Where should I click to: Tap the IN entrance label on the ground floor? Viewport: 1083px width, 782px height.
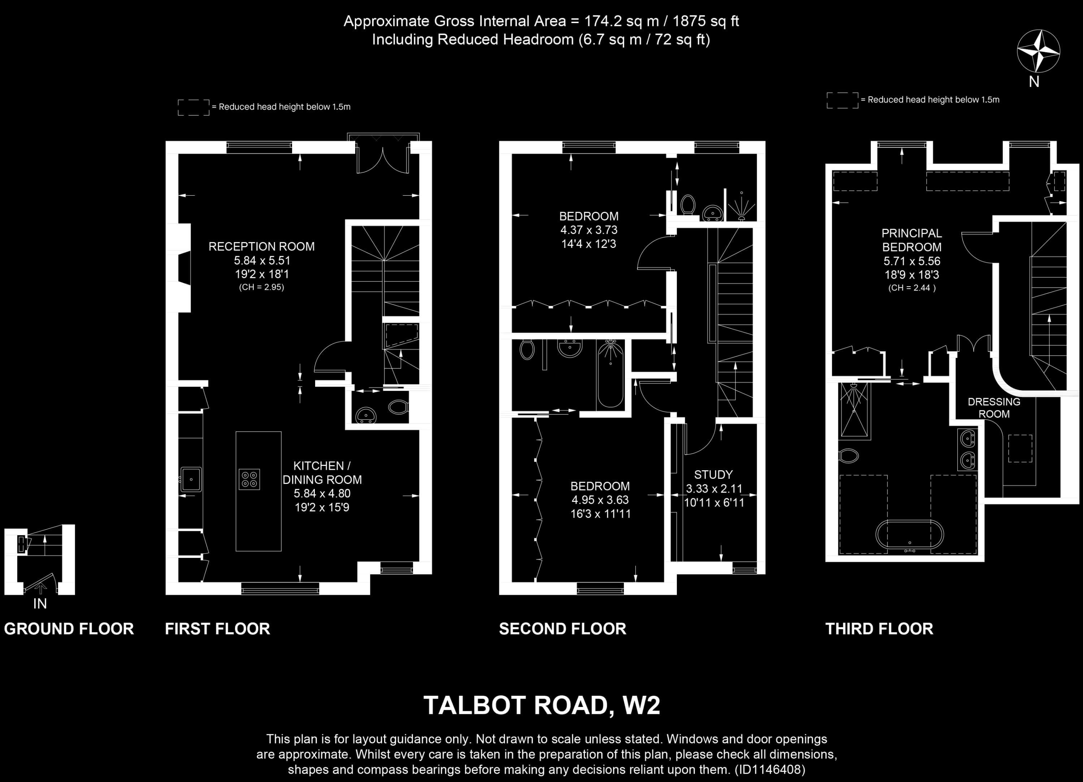pyautogui.click(x=40, y=604)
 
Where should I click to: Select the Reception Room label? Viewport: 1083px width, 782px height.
pyautogui.click(x=261, y=247)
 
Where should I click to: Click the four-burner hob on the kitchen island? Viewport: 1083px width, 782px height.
pyautogui.click(x=249, y=479)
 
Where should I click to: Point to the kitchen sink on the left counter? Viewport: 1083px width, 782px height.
pyautogui.click(x=191, y=479)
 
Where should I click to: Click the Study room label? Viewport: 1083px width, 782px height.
pyautogui.click(x=713, y=475)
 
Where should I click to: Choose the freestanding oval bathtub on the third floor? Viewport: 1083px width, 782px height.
pyautogui.click(x=910, y=535)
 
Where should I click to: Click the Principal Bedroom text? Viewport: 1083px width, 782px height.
pyautogui.click(x=911, y=240)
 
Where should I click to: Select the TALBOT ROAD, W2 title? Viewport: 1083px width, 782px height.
pyautogui.click(x=541, y=705)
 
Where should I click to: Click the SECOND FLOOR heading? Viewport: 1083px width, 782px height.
pyautogui.click(x=562, y=629)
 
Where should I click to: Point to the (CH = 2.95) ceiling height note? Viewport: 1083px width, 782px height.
pyautogui.click(x=261, y=287)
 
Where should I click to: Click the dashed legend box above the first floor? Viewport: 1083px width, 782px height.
pyautogui.click(x=193, y=108)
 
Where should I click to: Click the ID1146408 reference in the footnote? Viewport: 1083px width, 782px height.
pyautogui.click(x=769, y=770)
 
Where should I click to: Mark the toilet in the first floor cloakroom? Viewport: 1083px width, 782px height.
pyautogui.click(x=398, y=407)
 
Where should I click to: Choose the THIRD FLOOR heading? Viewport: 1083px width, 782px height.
pyautogui.click(x=879, y=629)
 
